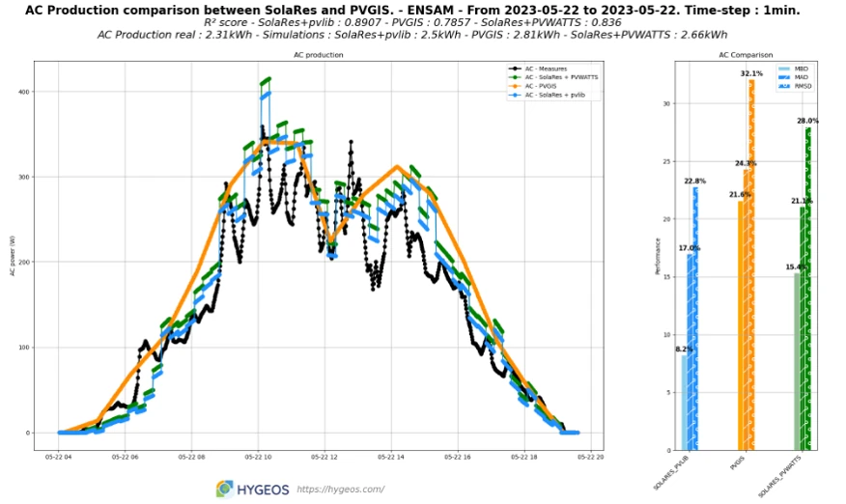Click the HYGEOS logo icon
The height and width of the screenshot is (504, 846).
[224, 489]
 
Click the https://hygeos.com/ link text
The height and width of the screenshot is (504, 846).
[340, 490]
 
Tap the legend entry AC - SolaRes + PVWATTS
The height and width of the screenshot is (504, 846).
[559, 77]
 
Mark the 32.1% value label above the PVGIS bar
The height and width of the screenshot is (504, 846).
[751, 73]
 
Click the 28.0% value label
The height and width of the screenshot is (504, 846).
[807, 121]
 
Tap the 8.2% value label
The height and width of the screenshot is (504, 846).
[685, 350]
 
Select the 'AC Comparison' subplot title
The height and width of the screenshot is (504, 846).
[745, 55]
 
